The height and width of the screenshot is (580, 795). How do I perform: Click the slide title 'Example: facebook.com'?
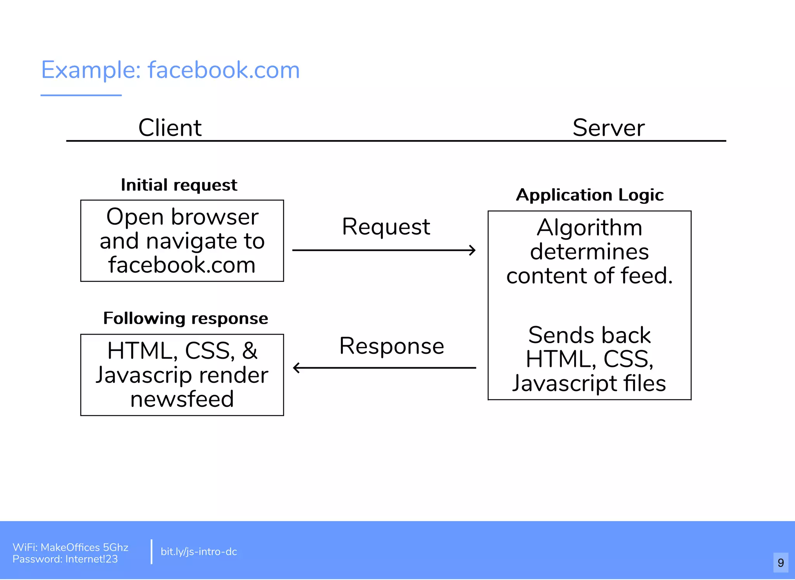coord(170,71)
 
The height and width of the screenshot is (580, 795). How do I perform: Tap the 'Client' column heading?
coord(170,128)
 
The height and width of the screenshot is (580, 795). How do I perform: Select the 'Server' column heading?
coord(608,128)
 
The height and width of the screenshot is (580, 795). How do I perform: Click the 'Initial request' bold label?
coord(179,185)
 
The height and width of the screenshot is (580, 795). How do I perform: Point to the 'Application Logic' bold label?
coord(590,195)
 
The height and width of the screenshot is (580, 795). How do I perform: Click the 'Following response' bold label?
coord(186,318)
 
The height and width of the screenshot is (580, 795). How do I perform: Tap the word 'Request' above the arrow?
coord(386,226)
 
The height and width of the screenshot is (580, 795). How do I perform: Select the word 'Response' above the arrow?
coord(391,346)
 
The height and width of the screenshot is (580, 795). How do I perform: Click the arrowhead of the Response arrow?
coord(296,368)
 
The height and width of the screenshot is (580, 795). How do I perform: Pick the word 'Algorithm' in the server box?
coord(589,227)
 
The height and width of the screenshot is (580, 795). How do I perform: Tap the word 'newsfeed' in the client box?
coord(182,399)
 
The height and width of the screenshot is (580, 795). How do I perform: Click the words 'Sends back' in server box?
coord(589,335)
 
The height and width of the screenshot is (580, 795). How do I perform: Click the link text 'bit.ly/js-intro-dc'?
coord(199,552)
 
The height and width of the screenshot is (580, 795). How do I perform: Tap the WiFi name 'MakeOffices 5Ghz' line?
coord(70,547)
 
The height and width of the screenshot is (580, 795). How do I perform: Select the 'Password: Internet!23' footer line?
coord(65,559)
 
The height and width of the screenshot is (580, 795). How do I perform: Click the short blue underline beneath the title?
coord(81,95)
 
